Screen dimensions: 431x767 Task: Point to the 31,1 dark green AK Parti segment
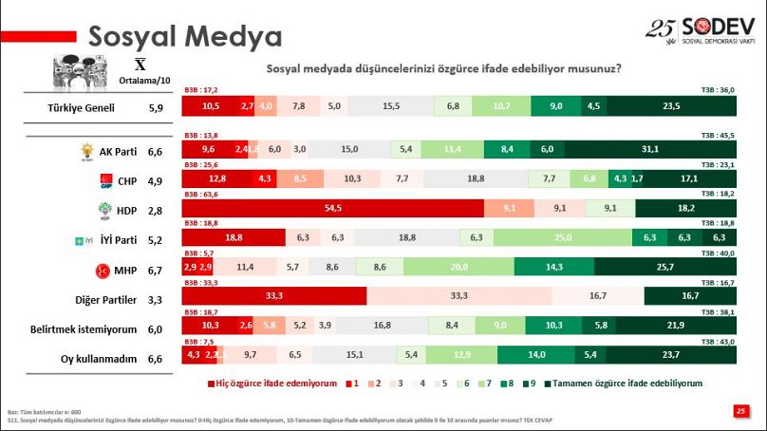tap(650, 149)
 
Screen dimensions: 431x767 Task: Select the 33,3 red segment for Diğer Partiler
tap(273, 296)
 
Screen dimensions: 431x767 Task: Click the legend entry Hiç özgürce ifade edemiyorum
tap(271, 384)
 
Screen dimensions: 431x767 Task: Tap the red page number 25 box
tap(740, 410)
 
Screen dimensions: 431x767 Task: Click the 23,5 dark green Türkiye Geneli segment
tap(671, 106)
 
